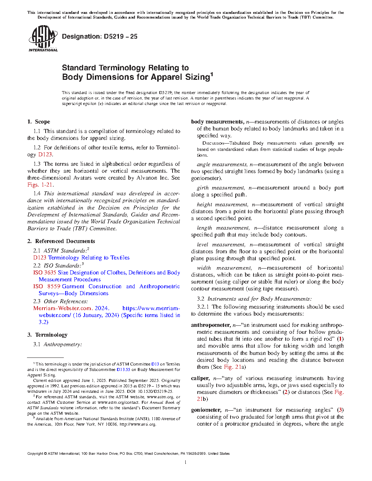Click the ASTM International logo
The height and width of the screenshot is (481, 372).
(x=43, y=38)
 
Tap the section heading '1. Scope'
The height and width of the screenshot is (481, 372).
(x=39, y=122)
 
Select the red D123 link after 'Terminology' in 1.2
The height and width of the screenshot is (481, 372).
(x=45, y=155)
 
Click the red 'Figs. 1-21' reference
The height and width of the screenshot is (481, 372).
(x=40, y=185)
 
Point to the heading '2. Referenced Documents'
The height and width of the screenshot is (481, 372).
(x=61, y=241)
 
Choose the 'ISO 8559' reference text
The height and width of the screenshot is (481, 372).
(x=47, y=286)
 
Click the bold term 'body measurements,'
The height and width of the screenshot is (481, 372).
(x=217, y=122)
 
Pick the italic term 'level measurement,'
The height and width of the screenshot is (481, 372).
(x=221, y=245)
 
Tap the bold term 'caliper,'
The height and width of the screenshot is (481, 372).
(x=200, y=378)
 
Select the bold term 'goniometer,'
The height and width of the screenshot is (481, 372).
(x=206, y=410)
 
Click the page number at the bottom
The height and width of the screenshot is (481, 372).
(x=186, y=462)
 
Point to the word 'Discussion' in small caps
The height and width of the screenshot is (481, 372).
(x=213, y=143)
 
